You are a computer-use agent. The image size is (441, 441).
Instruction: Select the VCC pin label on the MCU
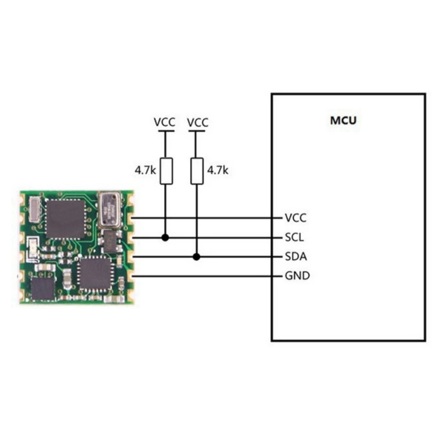click(x=296, y=218)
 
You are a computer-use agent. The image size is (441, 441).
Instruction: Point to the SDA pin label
click(x=296, y=256)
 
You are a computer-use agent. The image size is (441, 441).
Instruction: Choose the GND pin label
click(x=297, y=275)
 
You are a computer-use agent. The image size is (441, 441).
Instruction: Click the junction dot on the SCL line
click(x=165, y=238)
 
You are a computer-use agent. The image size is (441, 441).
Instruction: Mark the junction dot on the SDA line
click(x=197, y=257)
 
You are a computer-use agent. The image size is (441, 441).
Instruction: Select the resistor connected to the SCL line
click(x=165, y=171)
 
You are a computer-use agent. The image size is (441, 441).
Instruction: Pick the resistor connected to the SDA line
click(x=197, y=171)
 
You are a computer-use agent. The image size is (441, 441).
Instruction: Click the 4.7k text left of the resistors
click(x=145, y=171)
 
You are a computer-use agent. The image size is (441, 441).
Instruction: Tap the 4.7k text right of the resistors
click(x=217, y=171)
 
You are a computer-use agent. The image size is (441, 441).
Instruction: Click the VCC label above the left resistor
click(x=164, y=122)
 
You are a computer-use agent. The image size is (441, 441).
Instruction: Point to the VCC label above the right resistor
click(x=198, y=122)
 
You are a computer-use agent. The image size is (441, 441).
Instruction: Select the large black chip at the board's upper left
click(x=66, y=218)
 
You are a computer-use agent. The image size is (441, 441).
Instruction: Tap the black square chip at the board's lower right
click(x=95, y=274)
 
